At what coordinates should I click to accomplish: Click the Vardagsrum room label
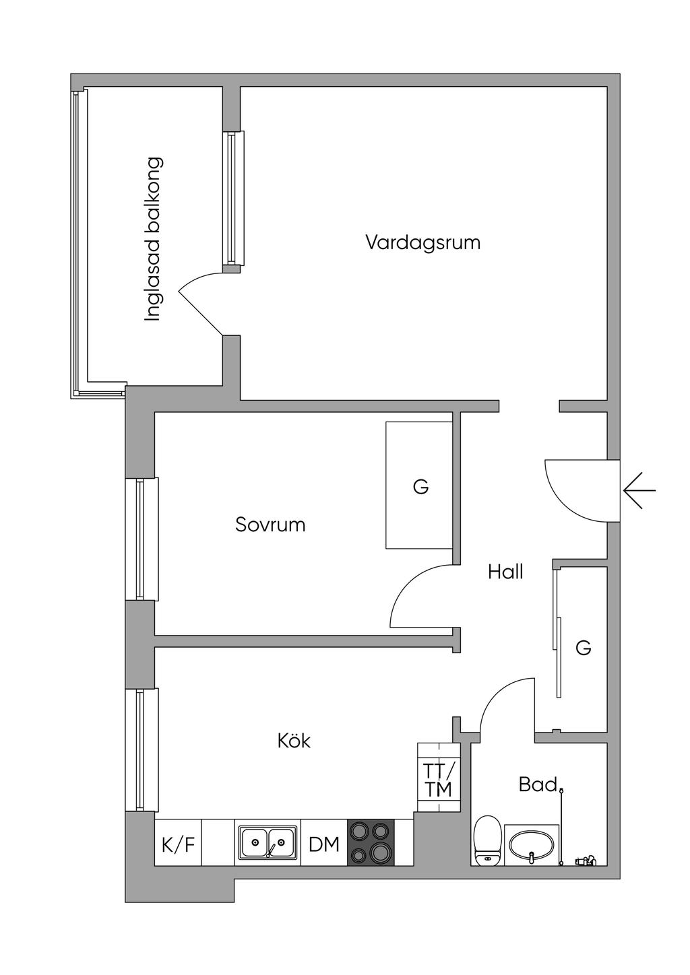click(x=423, y=243)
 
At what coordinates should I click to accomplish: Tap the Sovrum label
click(x=270, y=525)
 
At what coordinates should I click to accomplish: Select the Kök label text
click(x=294, y=741)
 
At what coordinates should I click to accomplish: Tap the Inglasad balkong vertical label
click(x=153, y=240)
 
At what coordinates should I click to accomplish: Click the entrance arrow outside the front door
click(x=639, y=491)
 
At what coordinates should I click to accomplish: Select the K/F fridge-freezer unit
click(x=178, y=845)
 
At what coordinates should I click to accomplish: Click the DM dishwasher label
click(x=323, y=845)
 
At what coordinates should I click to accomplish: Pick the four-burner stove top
click(x=370, y=843)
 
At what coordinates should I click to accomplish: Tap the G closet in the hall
click(x=583, y=649)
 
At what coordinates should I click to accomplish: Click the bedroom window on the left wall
click(x=142, y=539)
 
